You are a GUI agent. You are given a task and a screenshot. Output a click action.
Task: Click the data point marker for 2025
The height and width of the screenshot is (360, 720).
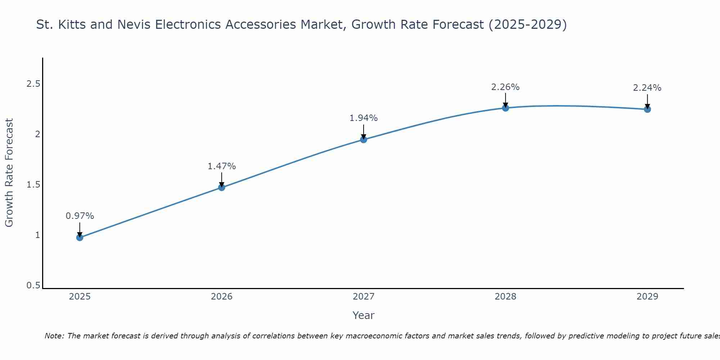coord(80,237)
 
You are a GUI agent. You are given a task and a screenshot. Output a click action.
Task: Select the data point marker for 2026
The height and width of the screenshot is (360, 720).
coord(222,187)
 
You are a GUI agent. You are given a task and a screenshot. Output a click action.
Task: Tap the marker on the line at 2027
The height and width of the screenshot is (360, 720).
coord(364,140)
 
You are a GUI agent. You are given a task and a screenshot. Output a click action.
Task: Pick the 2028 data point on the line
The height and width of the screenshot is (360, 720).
coord(505,108)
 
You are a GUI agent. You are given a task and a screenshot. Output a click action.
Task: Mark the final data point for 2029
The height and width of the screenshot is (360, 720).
coord(647,109)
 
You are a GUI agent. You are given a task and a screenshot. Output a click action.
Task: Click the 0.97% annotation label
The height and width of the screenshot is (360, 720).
coord(80,216)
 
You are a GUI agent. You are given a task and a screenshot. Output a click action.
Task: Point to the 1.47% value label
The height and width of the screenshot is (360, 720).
coord(222,166)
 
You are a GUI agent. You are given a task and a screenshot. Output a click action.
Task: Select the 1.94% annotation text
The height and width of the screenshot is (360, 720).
coord(364,118)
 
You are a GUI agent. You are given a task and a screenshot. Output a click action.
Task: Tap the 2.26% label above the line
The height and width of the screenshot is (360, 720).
coord(505,87)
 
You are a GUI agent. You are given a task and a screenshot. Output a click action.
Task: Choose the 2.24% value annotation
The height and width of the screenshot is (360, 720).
coord(647,88)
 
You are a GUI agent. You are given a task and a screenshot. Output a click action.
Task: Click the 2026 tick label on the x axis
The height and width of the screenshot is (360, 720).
coord(222,297)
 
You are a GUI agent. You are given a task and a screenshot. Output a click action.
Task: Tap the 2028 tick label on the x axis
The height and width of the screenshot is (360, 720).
coord(505,297)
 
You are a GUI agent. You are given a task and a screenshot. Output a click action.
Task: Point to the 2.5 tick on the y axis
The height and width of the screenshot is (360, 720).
coord(33,84)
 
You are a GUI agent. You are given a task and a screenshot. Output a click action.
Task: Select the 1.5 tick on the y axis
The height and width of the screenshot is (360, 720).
coord(33,185)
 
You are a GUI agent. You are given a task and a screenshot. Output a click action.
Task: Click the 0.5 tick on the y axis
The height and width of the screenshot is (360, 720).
coord(33,285)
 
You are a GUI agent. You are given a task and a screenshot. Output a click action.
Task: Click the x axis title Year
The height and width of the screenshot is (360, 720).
coord(364,315)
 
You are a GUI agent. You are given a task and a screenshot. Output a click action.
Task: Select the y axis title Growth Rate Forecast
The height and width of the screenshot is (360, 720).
coord(9,173)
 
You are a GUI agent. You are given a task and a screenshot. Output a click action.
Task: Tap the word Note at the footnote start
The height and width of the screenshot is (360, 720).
coord(54,336)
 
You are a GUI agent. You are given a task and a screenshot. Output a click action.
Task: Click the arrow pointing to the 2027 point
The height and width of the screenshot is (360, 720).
coord(364,132)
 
